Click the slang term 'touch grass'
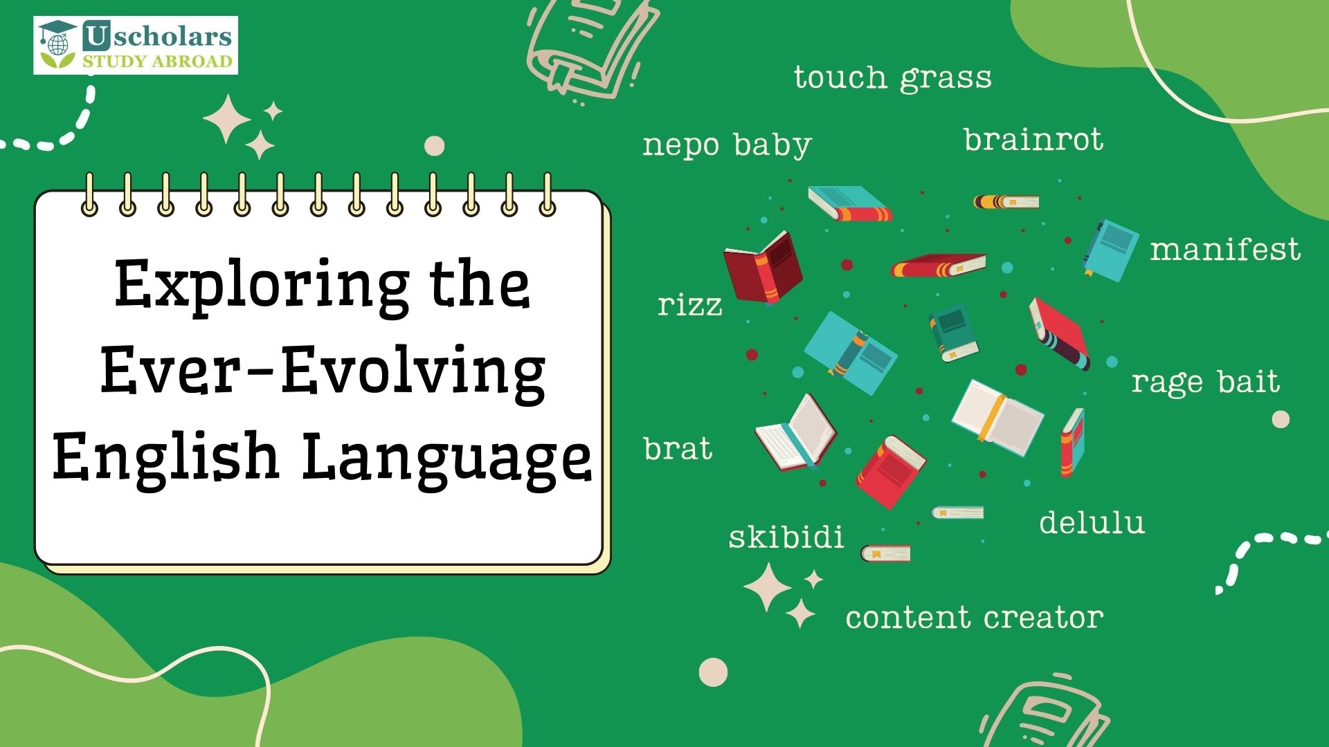point(892,77)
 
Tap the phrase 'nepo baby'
point(727,145)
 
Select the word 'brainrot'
point(1033,140)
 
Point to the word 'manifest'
point(1225,250)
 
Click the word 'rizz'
point(689,305)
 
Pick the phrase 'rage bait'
point(1205,382)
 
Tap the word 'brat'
point(678,449)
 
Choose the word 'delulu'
point(1092,522)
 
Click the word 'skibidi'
point(786,537)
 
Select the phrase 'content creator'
point(974,618)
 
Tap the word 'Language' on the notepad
point(446,456)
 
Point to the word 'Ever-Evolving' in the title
point(323,371)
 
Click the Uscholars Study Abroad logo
point(136,46)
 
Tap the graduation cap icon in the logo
point(57,33)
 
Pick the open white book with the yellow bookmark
point(997,417)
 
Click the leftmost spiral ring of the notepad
point(89,195)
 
